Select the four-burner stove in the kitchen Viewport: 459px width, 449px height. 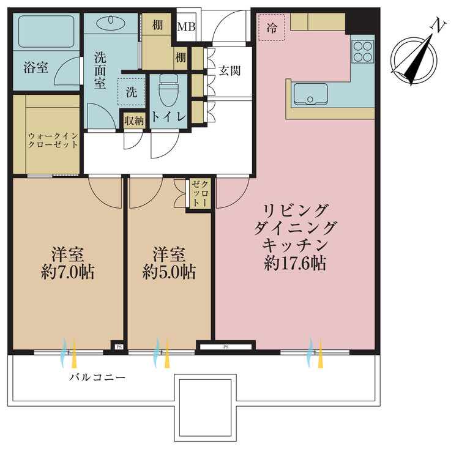click(x=362, y=50)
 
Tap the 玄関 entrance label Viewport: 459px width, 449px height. click(x=229, y=70)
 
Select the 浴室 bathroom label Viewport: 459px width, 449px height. click(x=35, y=67)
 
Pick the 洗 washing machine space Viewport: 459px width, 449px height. click(x=131, y=92)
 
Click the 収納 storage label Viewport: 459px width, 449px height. click(x=133, y=121)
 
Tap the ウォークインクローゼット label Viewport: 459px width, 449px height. click(x=53, y=140)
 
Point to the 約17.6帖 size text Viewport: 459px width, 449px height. click(x=294, y=264)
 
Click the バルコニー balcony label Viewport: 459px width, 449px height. click(x=97, y=377)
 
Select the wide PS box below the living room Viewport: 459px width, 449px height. click(x=225, y=347)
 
